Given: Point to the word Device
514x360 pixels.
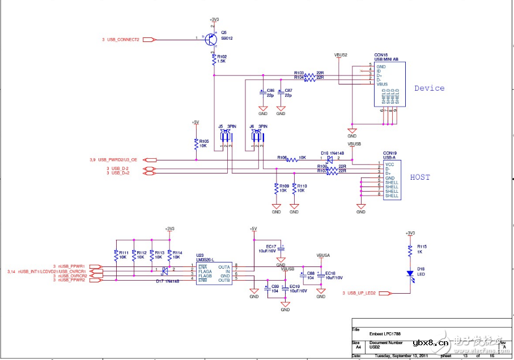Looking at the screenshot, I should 429,88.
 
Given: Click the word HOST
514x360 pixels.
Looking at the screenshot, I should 420,177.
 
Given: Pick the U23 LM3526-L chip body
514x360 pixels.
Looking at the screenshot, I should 214,272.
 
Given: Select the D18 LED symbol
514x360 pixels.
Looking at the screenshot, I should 409,273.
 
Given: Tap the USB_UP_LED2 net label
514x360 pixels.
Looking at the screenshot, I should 363,293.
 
